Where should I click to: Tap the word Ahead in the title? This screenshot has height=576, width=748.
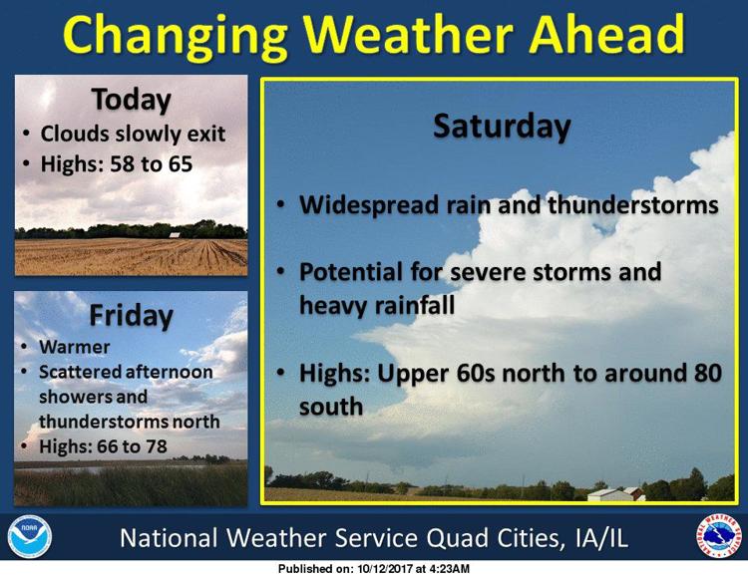[x=606, y=33]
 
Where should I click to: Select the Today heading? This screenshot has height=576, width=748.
[x=132, y=101]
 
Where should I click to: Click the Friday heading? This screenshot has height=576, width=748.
[x=132, y=315]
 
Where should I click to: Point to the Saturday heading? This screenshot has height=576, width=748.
[x=502, y=127]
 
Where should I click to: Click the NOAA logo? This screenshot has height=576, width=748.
[x=30, y=536]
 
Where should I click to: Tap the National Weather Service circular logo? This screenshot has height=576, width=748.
[x=718, y=536]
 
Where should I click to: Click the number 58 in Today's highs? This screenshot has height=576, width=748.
[x=122, y=164]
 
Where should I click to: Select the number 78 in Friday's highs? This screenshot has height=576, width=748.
[x=156, y=446]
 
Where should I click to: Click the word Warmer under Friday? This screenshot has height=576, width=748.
[x=75, y=347]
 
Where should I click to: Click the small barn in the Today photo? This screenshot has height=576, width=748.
[x=175, y=235]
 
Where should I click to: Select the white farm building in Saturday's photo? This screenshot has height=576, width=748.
[x=609, y=494]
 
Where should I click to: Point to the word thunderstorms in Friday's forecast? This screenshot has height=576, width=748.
[x=104, y=422]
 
